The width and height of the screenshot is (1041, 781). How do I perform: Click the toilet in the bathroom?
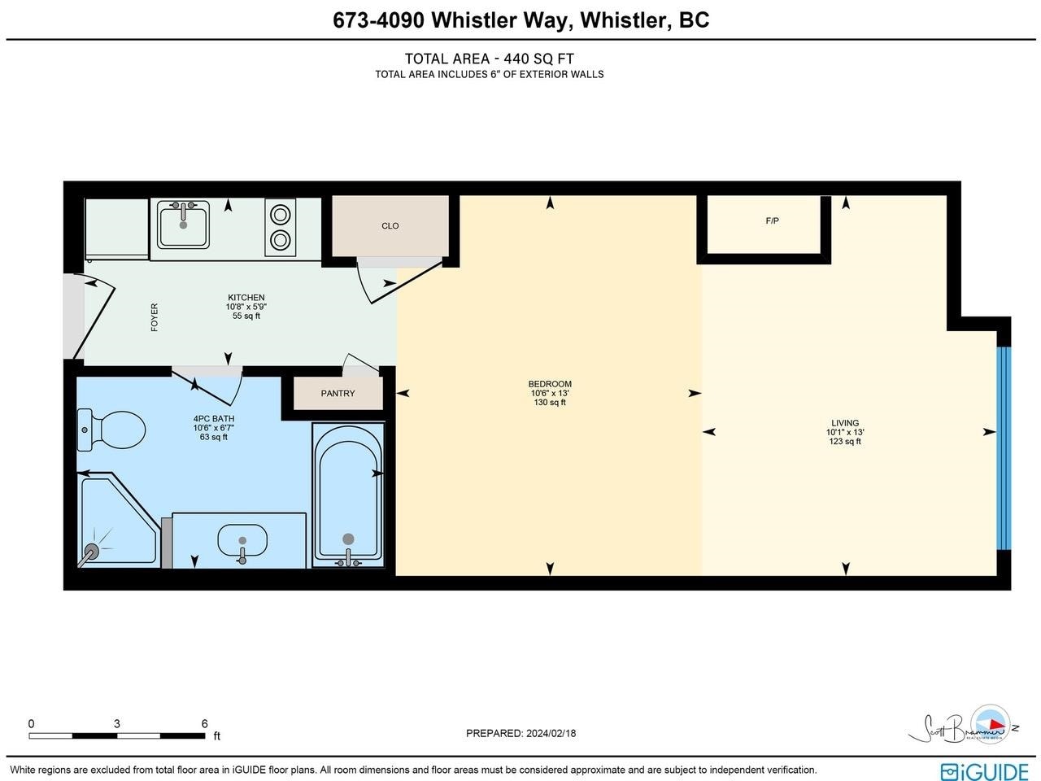pyautogui.click(x=111, y=430)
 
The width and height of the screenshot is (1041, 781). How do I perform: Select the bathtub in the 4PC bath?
pyautogui.click(x=348, y=495)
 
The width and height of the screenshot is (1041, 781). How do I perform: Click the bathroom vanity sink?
pyautogui.click(x=242, y=540)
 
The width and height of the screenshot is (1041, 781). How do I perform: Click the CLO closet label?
pyautogui.click(x=390, y=225)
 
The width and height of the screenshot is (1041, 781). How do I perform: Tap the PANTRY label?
pyautogui.click(x=338, y=393)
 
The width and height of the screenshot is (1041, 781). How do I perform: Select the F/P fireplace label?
pyautogui.click(x=772, y=220)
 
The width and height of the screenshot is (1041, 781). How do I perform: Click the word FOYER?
pyautogui.click(x=155, y=317)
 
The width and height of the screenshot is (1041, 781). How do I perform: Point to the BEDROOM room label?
pyautogui.click(x=550, y=384)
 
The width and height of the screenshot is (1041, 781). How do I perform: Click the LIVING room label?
pyautogui.click(x=845, y=422)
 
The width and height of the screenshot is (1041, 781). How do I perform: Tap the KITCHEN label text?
pyautogui.click(x=246, y=297)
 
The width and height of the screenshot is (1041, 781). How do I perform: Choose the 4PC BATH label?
pyautogui.click(x=213, y=419)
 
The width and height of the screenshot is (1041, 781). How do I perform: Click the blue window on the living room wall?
pyautogui.click(x=1004, y=448)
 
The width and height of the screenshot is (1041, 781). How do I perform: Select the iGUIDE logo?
pyautogui.click(x=985, y=770)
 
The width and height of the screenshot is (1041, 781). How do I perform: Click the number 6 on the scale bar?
pyautogui.click(x=204, y=723)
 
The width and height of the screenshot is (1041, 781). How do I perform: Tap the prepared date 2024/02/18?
pyautogui.click(x=551, y=733)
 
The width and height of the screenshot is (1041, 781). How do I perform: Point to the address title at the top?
pyautogui.click(x=520, y=20)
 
